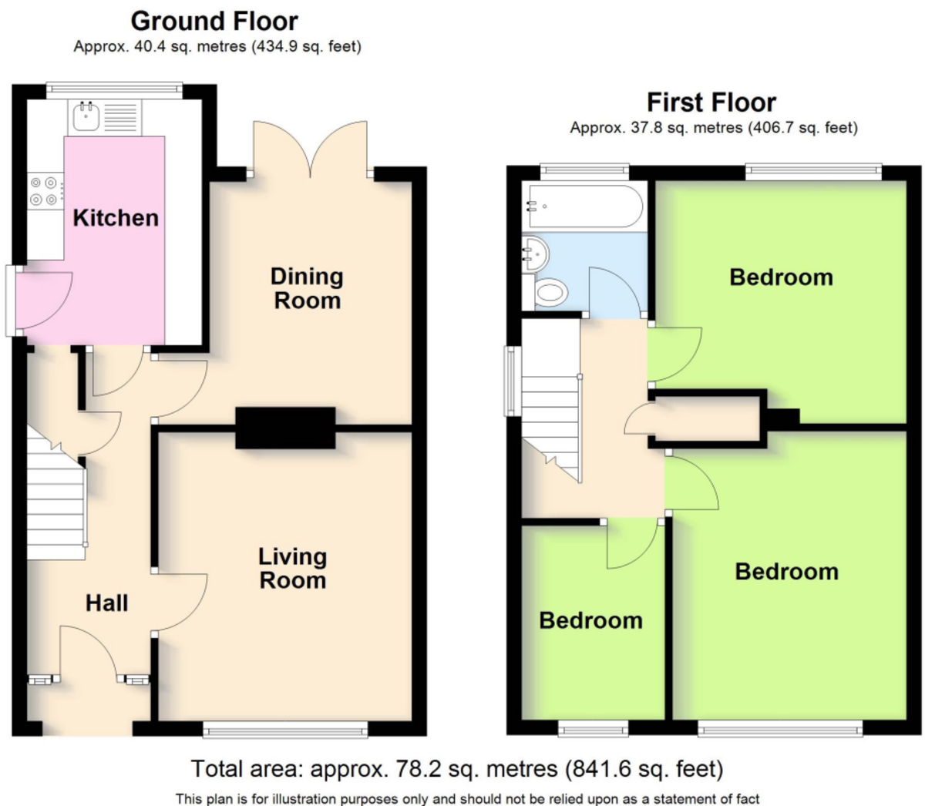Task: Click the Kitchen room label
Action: point(116,218)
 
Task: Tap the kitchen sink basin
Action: point(84,116)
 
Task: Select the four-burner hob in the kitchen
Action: point(45,191)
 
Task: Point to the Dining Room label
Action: point(307,289)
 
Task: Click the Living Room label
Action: point(292,569)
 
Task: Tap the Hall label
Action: point(107,603)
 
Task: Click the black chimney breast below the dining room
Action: point(285,428)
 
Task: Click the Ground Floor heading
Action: point(214,22)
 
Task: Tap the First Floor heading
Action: point(711,102)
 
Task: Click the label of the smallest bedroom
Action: point(591,620)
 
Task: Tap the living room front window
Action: point(285,729)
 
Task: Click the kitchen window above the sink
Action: point(114,90)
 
